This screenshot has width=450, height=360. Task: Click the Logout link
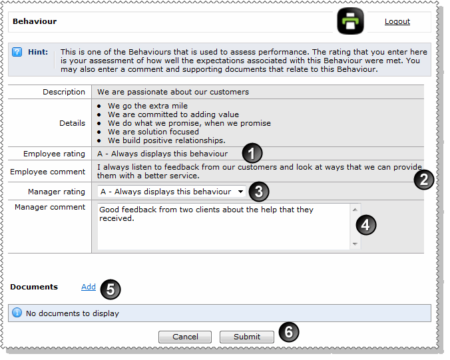pos(397,21)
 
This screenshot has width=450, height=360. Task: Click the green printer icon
pos(350,21)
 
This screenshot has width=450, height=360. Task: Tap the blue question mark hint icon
pos(17,52)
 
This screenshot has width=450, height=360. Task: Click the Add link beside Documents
pos(89,287)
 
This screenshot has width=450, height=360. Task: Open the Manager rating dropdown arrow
pos(240,192)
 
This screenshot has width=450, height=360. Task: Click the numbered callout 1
pos(252,153)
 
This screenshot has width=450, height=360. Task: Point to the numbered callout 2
pos(424,180)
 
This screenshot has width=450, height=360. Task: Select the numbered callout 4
pos(366,225)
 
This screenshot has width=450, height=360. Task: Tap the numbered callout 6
pos(289,332)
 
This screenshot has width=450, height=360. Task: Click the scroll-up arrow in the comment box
pos(355,210)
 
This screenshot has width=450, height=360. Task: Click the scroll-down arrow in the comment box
pos(355,244)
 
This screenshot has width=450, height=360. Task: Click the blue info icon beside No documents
pos(17,313)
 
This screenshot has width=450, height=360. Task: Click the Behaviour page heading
pos(35,21)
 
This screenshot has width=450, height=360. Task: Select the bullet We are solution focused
pos(153,132)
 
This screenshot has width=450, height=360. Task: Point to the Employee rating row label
pos(54,154)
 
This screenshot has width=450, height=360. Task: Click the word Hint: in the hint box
pos(38,52)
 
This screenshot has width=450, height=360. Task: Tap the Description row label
pos(64,92)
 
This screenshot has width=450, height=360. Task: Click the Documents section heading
pos(34,287)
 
